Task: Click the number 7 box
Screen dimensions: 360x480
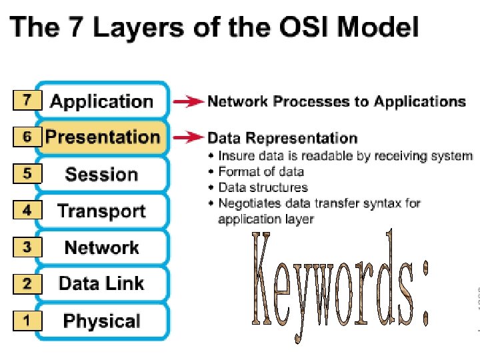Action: point(27,101)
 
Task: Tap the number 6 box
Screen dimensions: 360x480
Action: point(27,137)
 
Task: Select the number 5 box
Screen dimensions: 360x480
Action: point(27,174)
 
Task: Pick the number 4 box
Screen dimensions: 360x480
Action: point(27,211)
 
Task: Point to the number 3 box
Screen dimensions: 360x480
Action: point(27,247)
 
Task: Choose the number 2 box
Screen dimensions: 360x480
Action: point(27,284)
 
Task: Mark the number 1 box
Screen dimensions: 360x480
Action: point(27,321)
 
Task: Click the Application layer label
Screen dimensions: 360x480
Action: point(102,101)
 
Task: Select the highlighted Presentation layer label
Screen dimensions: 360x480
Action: point(103,137)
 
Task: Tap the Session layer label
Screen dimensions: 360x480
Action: point(101,175)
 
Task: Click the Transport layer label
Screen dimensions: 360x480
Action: point(101,211)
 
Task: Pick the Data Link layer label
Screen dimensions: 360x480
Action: point(101,283)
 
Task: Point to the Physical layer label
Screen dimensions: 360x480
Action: point(101,321)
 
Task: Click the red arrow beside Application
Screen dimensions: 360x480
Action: point(189,102)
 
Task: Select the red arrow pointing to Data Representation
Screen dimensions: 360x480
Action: point(189,138)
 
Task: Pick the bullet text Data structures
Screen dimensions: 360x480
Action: point(263,187)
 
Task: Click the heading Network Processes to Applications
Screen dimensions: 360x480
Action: point(337,101)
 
